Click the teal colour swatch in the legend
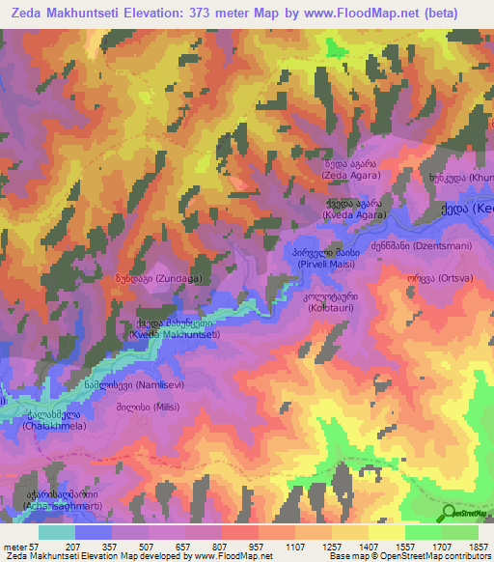click(57, 532)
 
